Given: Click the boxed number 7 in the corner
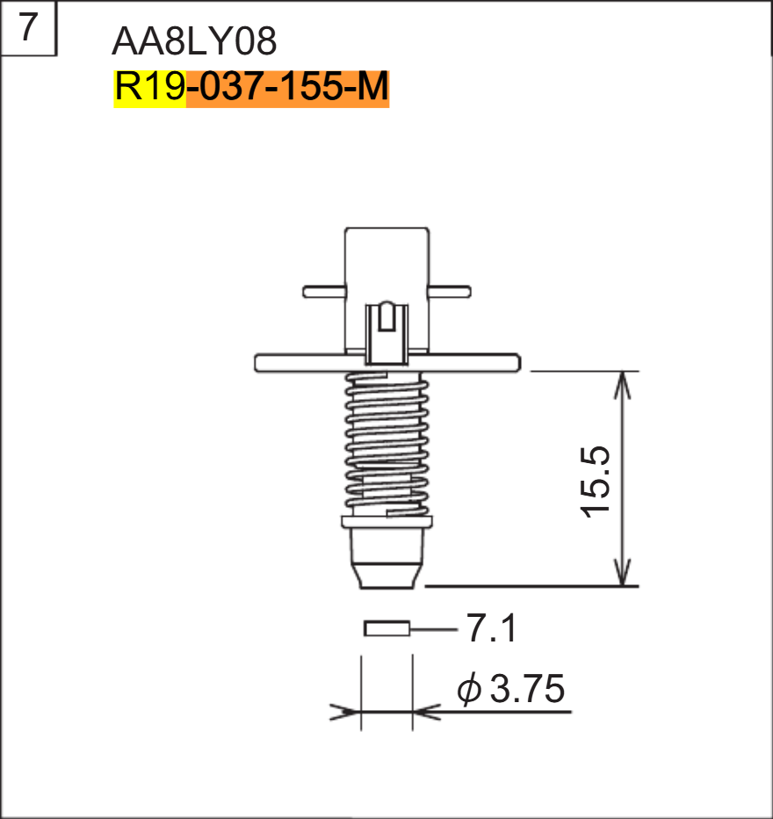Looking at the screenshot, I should (28, 28).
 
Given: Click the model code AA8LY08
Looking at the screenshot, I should (194, 40).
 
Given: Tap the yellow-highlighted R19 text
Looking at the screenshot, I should (149, 89).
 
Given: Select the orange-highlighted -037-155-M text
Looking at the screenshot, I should (287, 89).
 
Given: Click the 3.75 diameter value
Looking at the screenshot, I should (527, 690).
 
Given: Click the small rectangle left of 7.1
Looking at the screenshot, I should (387, 628).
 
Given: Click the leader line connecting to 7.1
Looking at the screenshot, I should (434, 629).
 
